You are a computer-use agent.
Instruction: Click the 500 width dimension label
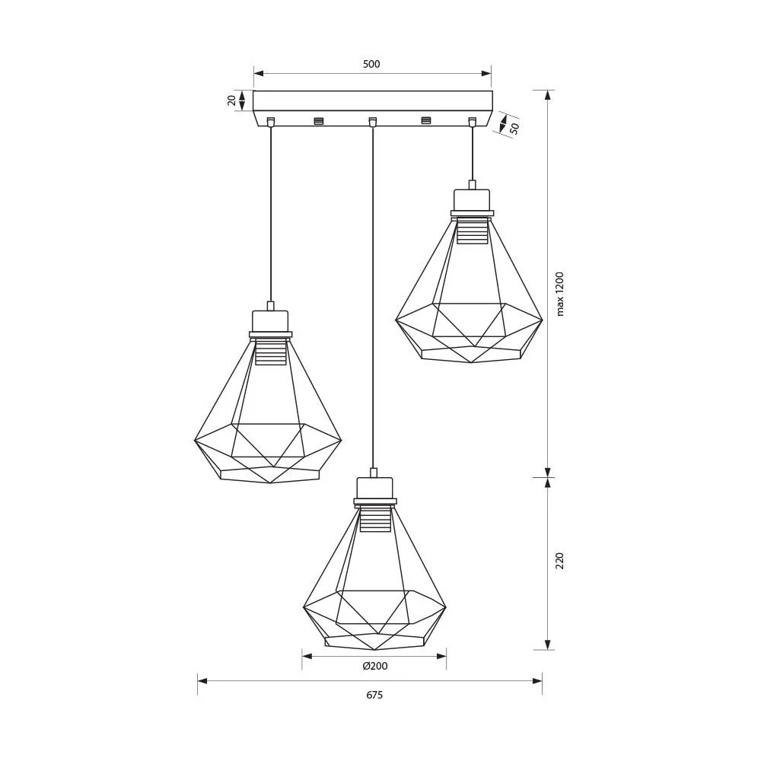click(x=371, y=64)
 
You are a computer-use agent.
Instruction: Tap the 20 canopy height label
click(x=231, y=100)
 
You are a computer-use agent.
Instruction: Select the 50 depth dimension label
click(x=514, y=128)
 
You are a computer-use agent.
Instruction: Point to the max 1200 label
click(x=560, y=294)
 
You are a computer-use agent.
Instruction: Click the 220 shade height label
click(x=560, y=561)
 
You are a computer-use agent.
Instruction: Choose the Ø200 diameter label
click(x=374, y=666)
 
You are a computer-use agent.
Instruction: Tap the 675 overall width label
click(x=374, y=695)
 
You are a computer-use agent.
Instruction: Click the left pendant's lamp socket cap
click(x=270, y=321)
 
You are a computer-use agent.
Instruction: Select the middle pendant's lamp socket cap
click(x=374, y=488)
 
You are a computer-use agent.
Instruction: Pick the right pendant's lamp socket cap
click(x=472, y=199)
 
